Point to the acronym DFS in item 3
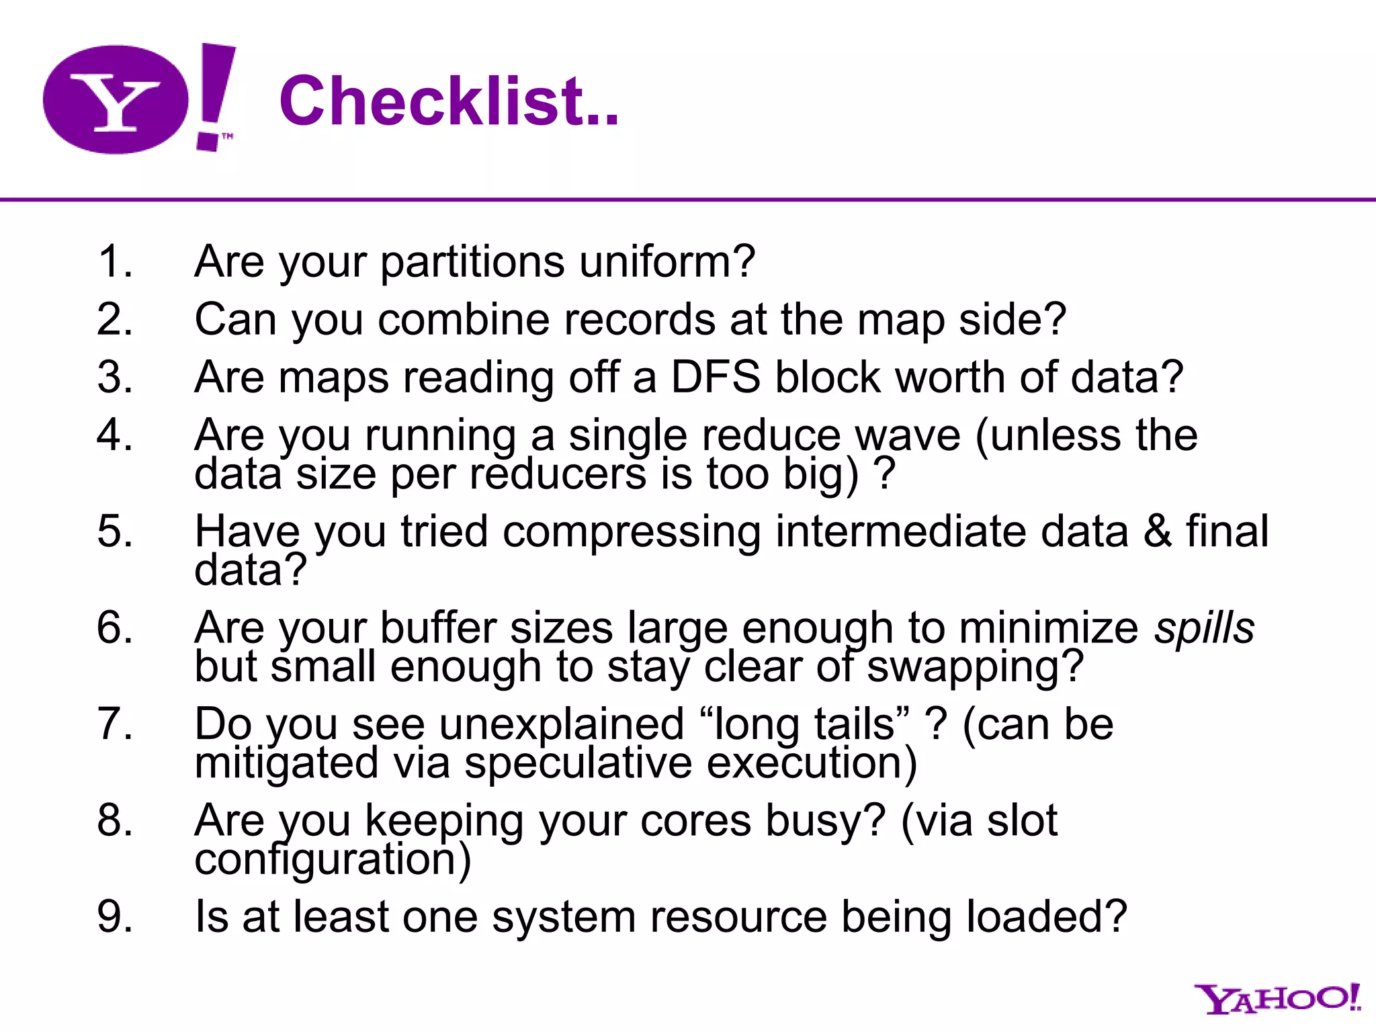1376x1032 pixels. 716,377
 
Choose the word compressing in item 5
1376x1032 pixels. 632,531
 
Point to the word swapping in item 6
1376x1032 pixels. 975,666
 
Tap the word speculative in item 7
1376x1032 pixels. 578,763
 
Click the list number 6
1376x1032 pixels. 115,628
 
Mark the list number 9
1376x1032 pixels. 115,916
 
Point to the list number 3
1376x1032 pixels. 115,377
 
